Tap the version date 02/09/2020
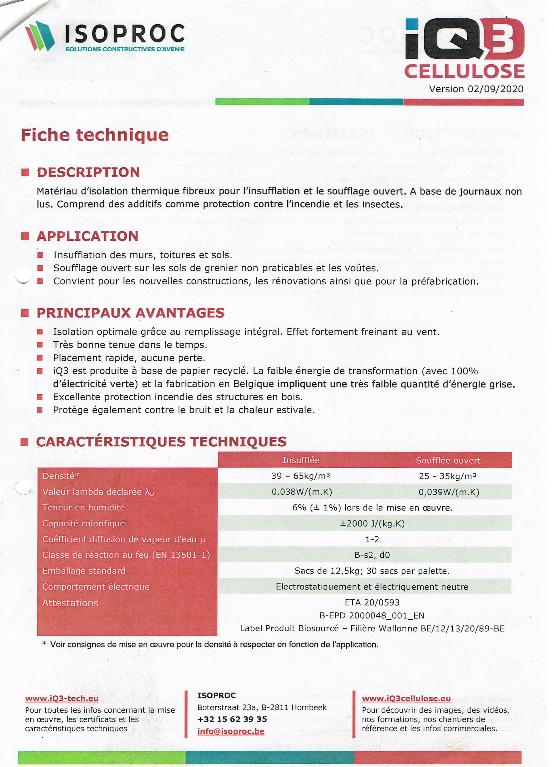click(x=495, y=89)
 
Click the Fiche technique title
click(x=95, y=135)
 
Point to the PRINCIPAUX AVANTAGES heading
click(x=130, y=313)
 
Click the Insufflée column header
click(x=301, y=460)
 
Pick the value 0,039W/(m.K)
click(x=449, y=492)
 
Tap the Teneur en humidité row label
click(x=84, y=508)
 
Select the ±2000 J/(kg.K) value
click(x=372, y=523)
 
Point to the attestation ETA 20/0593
click(x=372, y=602)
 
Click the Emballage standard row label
click(x=84, y=571)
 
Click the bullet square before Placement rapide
click(x=40, y=358)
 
